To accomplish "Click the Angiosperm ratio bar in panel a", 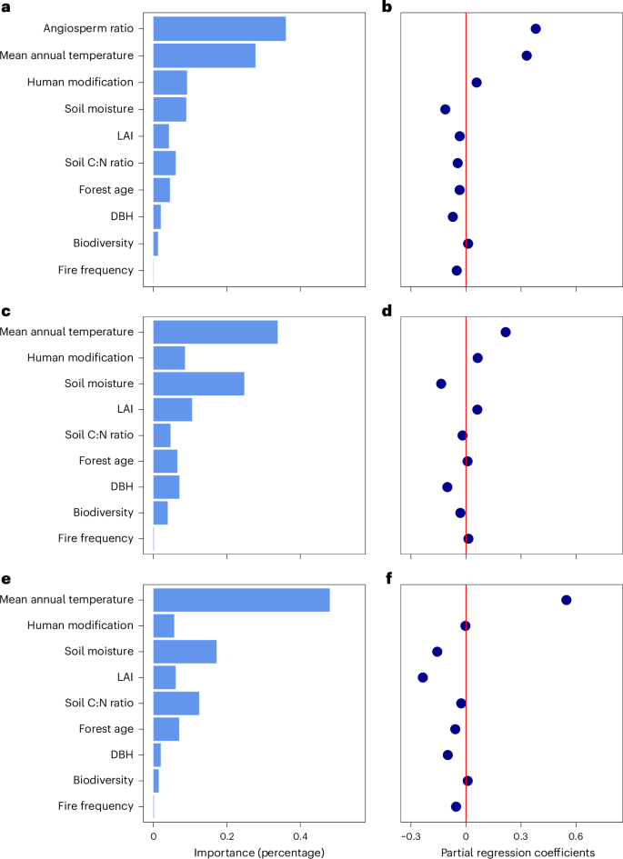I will click(x=219, y=29).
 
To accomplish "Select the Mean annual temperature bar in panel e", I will click(x=241, y=600).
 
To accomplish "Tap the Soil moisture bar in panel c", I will click(x=198, y=384).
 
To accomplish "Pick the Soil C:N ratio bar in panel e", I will click(x=176, y=703).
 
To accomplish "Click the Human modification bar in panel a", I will click(x=170, y=83).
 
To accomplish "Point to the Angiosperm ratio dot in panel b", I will click(x=536, y=29).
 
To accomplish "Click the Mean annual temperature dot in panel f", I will click(x=567, y=600).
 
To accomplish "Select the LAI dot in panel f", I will click(x=423, y=677).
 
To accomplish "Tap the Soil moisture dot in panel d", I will click(x=441, y=384).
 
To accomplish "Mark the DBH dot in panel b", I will click(x=453, y=216).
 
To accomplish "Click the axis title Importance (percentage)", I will click(x=259, y=852).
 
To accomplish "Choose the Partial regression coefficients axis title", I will click(x=517, y=852).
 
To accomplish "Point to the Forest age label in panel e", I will click(x=106, y=729).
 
